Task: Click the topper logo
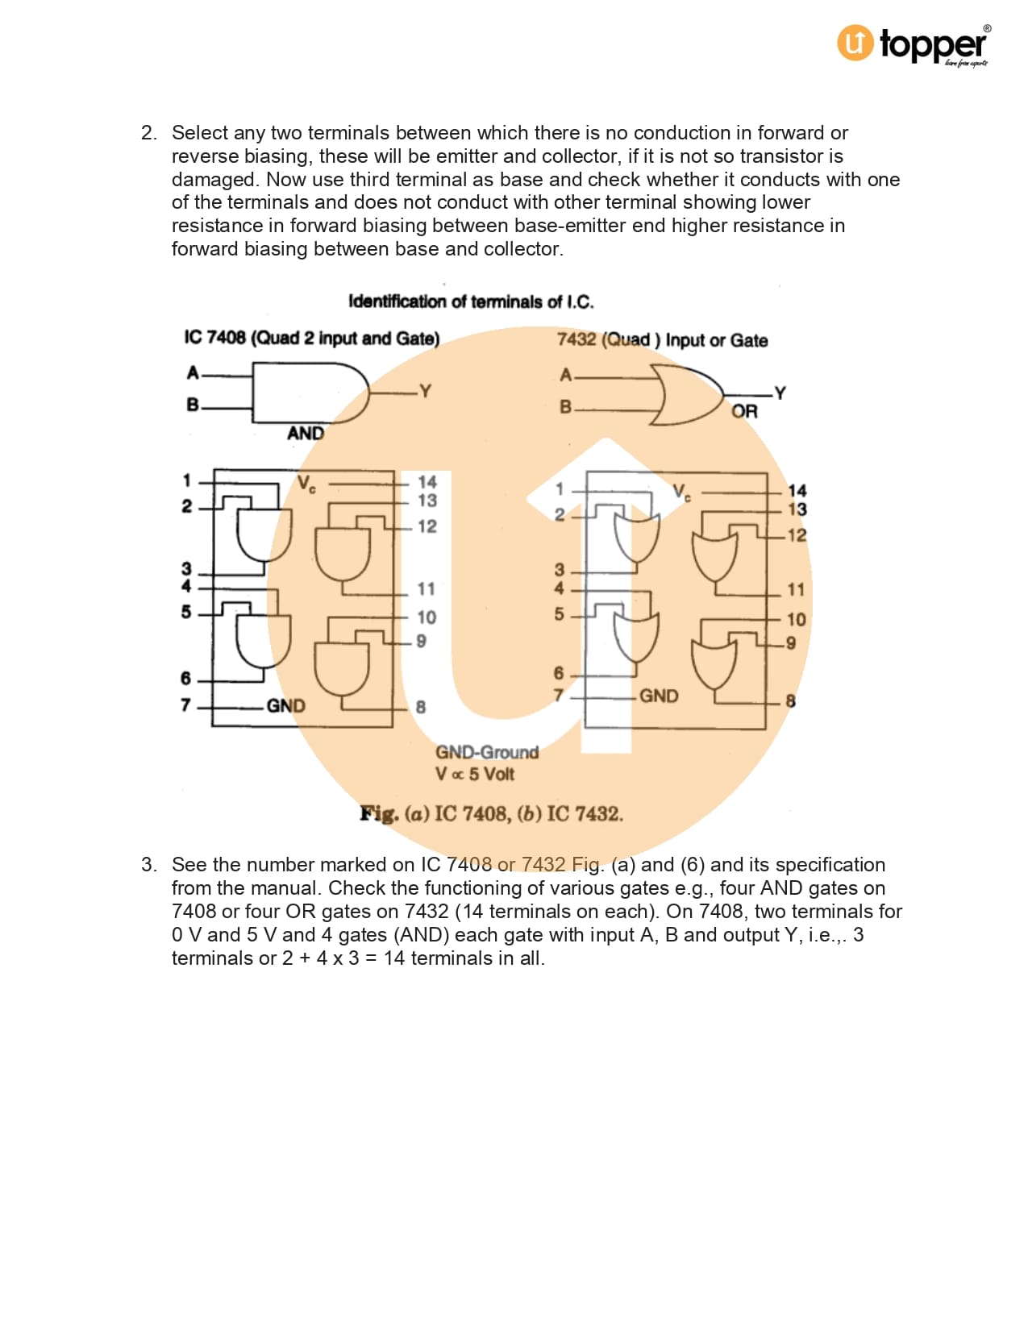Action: pos(913,44)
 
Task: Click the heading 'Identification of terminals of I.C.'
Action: pos(471,301)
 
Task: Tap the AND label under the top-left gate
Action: pos(305,434)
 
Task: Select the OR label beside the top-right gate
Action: pos(744,411)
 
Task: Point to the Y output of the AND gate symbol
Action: pos(425,391)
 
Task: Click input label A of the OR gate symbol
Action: pos(566,375)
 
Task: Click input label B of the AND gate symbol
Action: pos(193,405)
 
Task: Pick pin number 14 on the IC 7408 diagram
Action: pos(427,481)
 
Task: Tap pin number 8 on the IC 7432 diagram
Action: pos(790,701)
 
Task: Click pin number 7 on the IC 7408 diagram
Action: pos(185,705)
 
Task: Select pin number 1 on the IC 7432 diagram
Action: pos(560,489)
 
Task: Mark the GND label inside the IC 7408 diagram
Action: pos(285,706)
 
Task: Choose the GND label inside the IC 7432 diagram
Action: pos(659,696)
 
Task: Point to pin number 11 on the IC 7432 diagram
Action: pos(796,590)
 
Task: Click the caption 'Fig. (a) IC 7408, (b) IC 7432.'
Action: pos(491,813)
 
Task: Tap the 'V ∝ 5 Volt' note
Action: pos(474,774)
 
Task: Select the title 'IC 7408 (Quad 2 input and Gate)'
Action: pos(312,338)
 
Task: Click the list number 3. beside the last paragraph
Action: pos(148,865)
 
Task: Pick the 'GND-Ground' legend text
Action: pos(487,752)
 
